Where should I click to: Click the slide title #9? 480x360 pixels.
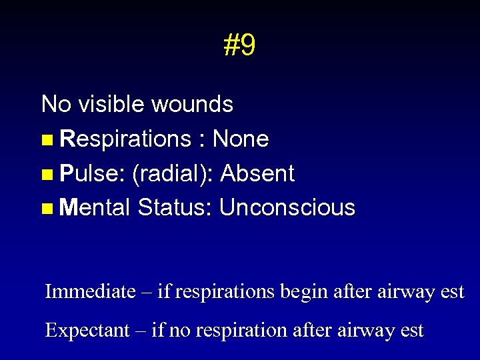(239, 46)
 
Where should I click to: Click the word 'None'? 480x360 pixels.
(240, 139)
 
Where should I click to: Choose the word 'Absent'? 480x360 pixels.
(257, 174)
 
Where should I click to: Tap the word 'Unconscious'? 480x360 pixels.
(287, 208)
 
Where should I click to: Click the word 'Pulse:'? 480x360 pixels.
(93, 174)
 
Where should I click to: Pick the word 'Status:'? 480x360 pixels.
(175, 208)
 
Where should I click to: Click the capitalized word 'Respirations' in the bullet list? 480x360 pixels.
(125, 140)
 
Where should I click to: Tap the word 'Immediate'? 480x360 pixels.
(89, 292)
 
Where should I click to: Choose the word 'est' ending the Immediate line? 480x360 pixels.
(450, 292)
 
